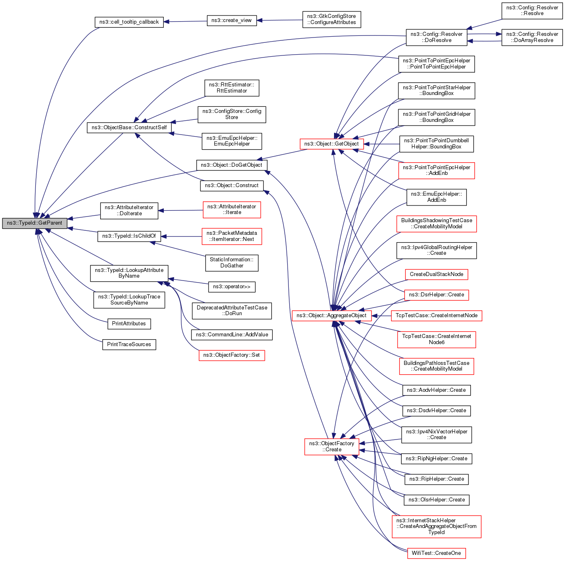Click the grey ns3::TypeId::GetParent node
35,223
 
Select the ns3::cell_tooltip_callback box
129,22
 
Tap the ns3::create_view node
231,20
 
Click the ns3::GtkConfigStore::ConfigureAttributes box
331,20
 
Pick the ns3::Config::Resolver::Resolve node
532,11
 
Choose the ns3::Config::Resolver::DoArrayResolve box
532,38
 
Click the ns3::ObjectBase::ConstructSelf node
129,128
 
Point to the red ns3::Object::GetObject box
331,144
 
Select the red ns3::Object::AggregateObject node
331,316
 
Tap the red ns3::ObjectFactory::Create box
331,446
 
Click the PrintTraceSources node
129,345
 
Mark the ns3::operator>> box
231,287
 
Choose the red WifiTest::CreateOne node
436,553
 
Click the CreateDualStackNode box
436,274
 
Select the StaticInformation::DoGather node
231,263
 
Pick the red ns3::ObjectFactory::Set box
231,355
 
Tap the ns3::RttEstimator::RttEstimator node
231,88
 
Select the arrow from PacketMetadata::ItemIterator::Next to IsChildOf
181,236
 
